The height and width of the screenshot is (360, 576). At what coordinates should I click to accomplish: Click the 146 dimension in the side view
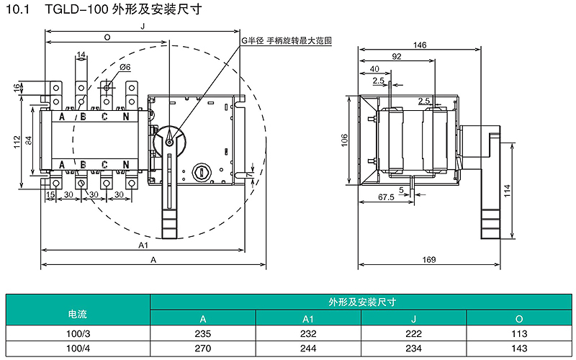point(420,45)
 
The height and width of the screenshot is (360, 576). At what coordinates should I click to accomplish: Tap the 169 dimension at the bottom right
point(428,260)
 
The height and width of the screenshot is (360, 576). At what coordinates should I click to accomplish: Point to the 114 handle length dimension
point(508,191)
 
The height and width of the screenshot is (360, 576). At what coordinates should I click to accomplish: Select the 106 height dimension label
point(344,140)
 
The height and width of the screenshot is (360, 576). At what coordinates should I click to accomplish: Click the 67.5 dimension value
point(386,197)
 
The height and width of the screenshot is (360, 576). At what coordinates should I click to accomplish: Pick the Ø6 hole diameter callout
point(125,67)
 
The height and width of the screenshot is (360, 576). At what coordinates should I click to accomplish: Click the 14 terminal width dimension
point(81,55)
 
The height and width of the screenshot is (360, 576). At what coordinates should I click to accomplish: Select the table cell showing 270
point(203,348)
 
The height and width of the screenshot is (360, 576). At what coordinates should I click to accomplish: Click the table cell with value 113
point(519,333)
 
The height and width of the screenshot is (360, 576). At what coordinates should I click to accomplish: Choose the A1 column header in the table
point(308,319)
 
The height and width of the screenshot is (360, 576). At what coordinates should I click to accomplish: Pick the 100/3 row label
point(78,333)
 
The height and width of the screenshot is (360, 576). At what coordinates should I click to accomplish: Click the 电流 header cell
point(78,314)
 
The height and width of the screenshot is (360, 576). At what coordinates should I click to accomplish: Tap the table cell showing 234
point(413,348)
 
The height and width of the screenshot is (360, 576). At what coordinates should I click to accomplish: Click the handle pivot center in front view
point(169,142)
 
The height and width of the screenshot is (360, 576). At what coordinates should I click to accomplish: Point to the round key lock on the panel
point(202,171)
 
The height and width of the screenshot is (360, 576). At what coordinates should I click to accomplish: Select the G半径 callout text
point(253,40)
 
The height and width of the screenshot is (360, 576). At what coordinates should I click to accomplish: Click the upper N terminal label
point(126,117)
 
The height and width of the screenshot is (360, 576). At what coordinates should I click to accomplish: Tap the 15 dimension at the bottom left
point(50,194)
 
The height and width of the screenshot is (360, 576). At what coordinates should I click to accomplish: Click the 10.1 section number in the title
point(17,9)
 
